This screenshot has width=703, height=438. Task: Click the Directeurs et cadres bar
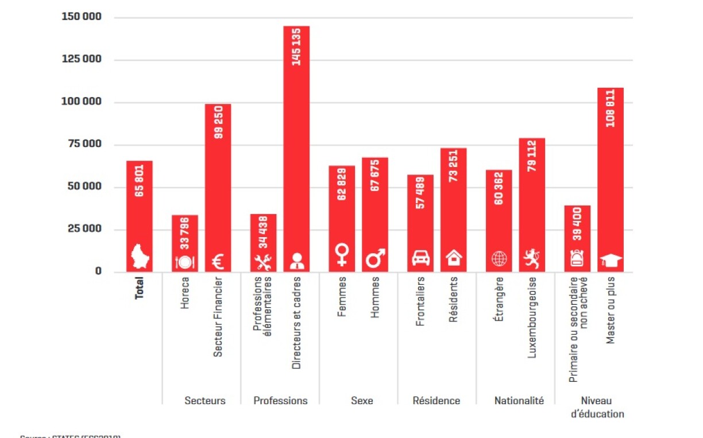pos(296,149)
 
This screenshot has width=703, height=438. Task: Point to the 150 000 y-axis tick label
pos(82,17)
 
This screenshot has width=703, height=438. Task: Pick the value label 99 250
pos(218,122)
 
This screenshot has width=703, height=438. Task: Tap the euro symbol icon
pos(218,261)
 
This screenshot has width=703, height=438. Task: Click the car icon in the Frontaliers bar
pos(421,259)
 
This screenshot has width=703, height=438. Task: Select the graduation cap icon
pos(611,261)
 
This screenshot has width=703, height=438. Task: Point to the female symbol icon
pos(342,254)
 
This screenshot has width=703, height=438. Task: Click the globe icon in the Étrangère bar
pos(499,259)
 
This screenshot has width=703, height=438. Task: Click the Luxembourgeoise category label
pos(532,317)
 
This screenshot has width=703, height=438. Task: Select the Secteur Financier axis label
pos(218,316)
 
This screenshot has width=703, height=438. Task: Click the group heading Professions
pos(280,401)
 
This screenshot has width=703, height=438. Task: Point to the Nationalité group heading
pos(519,401)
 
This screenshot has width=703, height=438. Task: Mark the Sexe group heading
pos(362,401)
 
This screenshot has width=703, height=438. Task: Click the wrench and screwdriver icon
pos(263,261)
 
